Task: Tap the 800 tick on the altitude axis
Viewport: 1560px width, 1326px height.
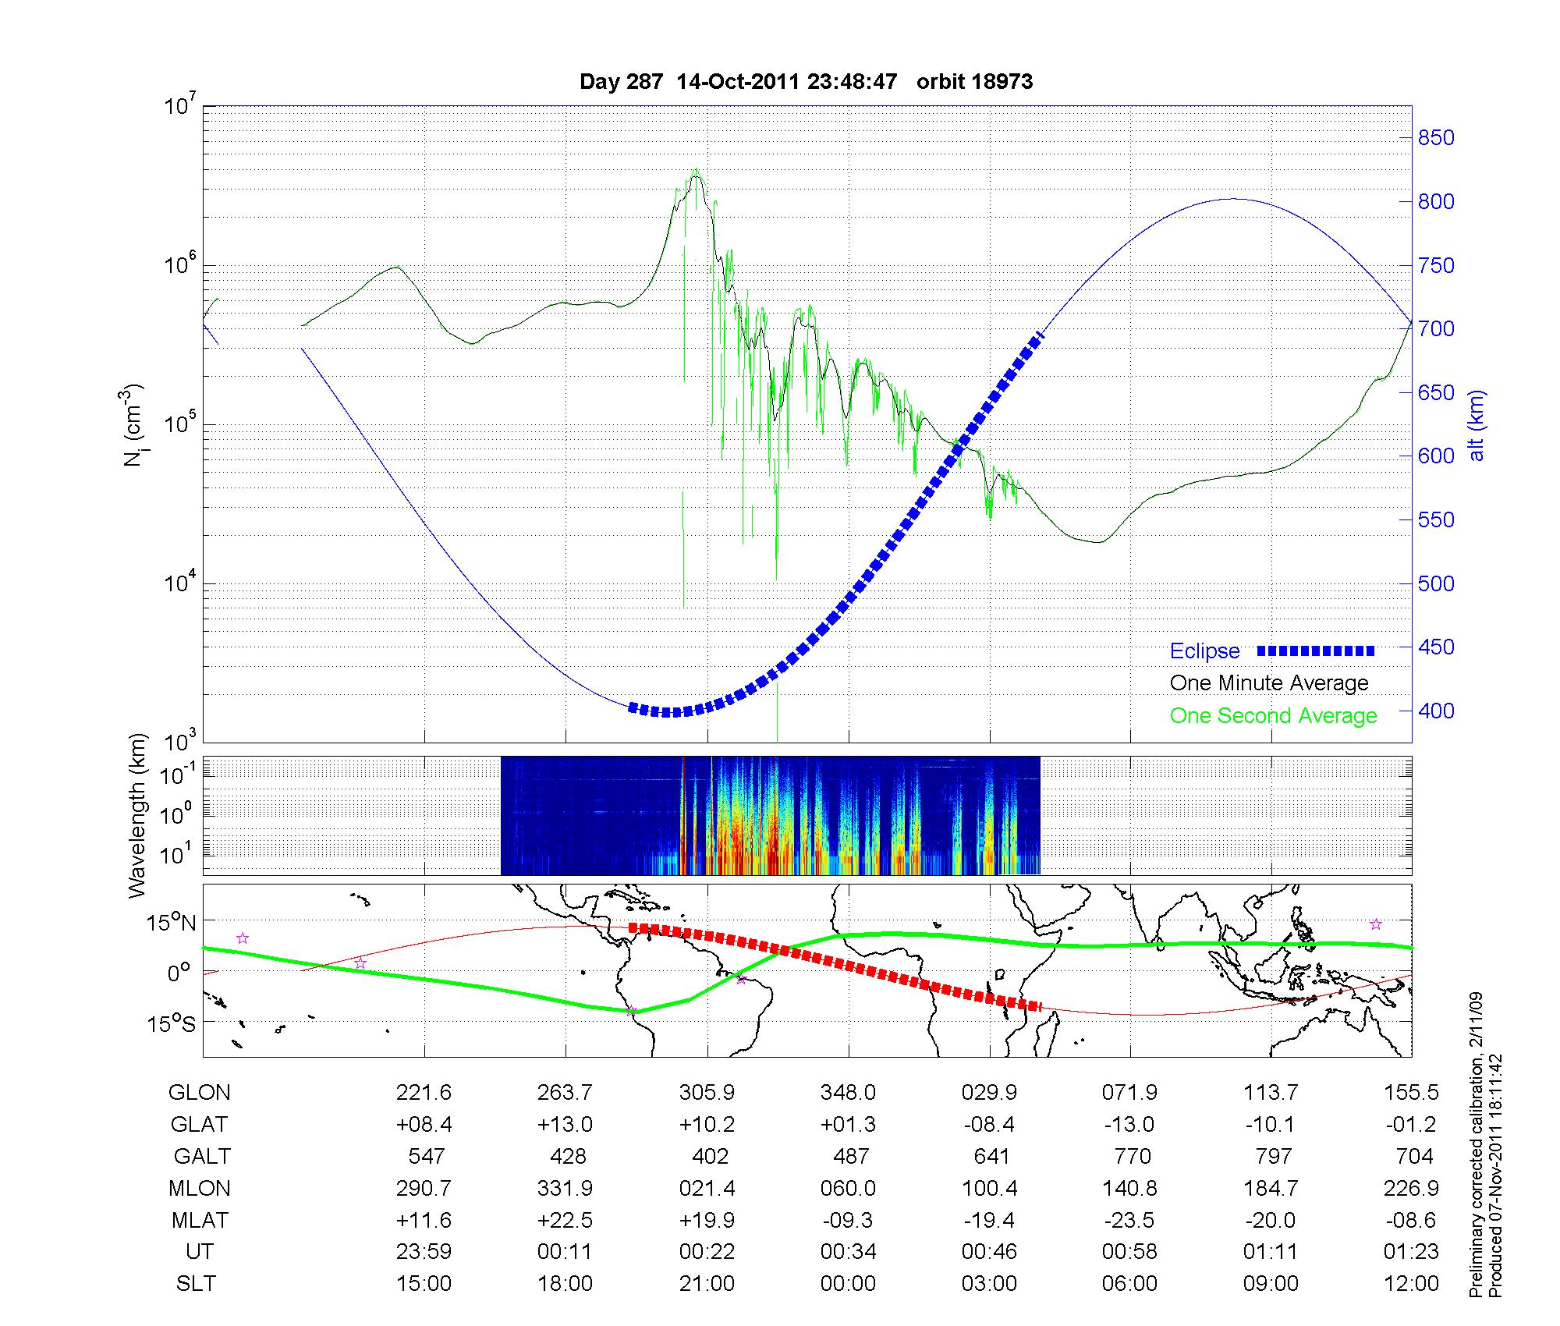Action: pyautogui.click(x=1436, y=202)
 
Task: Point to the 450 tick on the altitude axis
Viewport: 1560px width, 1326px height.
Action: pyautogui.click(x=1436, y=647)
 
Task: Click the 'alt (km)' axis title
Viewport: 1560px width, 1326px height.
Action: pyautogui.click(x=1477, y=425)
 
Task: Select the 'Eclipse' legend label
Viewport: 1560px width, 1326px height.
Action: pyautogui.click(x=1204, y=651)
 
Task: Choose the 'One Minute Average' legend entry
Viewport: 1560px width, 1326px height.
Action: pyautogui.click(x=1269, y=683)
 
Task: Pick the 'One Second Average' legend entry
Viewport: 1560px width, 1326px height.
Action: pyautogui.click(x=1273, y=716)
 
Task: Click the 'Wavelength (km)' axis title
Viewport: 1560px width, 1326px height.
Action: pyautogui.click(x=137, y=815)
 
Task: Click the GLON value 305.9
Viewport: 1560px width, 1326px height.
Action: pyautogui.click(x=707, y=1093)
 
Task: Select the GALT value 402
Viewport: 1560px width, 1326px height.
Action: pyautogui.click(x=710, y=1156)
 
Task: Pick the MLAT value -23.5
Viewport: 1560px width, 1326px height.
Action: pyautogui.click(x=1130, y=1220)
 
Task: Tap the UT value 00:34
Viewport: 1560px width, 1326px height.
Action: pyautogui.click(x=848, y=1252)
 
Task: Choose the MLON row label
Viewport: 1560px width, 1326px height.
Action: pyautogui.click(x=200, y=1188)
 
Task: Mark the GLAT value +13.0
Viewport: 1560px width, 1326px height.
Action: pyautogui.click(x=565, y=1124)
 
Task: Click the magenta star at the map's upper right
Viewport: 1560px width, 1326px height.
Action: pyautogui.click(x=1376, y=924)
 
